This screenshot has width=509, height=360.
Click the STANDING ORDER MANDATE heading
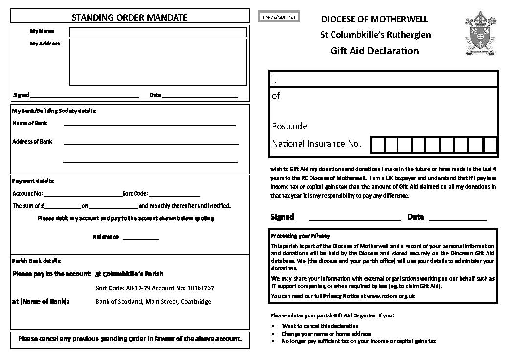(x=130, y=18)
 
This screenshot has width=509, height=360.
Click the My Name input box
(x=157, y=32)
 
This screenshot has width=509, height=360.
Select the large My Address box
(x=157, y=62)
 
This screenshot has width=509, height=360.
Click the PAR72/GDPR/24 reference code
(x=279, y=17)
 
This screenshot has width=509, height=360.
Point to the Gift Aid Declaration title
(x=374, y=51)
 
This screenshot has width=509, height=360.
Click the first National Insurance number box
(x=377, y=145)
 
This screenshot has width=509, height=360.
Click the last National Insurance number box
(x=490, y=145)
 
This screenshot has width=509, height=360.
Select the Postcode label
(x=289, y=126)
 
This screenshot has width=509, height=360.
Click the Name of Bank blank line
(x=149, y=125)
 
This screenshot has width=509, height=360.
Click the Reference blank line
(x=140, y=238)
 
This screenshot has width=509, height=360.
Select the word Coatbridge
(x=196, y=302)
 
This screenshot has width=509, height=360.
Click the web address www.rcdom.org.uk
(x=391, y=296)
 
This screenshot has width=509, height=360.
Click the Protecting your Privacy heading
(x=300, y=236)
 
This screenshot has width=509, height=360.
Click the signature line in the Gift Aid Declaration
(x=354, y=219)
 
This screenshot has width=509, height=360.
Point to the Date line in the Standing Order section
(x=200, y=97)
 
